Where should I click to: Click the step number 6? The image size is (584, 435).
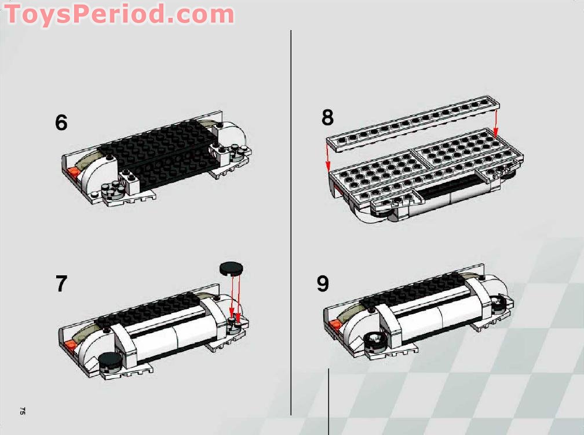tap(61, 123)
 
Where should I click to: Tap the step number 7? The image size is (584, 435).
tap(61, 284)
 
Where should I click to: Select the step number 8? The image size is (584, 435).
tap(328, 117)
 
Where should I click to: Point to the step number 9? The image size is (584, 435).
tap(323, 284)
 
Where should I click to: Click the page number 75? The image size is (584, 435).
tap(22, 411)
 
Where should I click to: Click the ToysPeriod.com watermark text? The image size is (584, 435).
tap(119, 14)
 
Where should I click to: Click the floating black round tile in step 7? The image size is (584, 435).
tap(232, 268)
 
